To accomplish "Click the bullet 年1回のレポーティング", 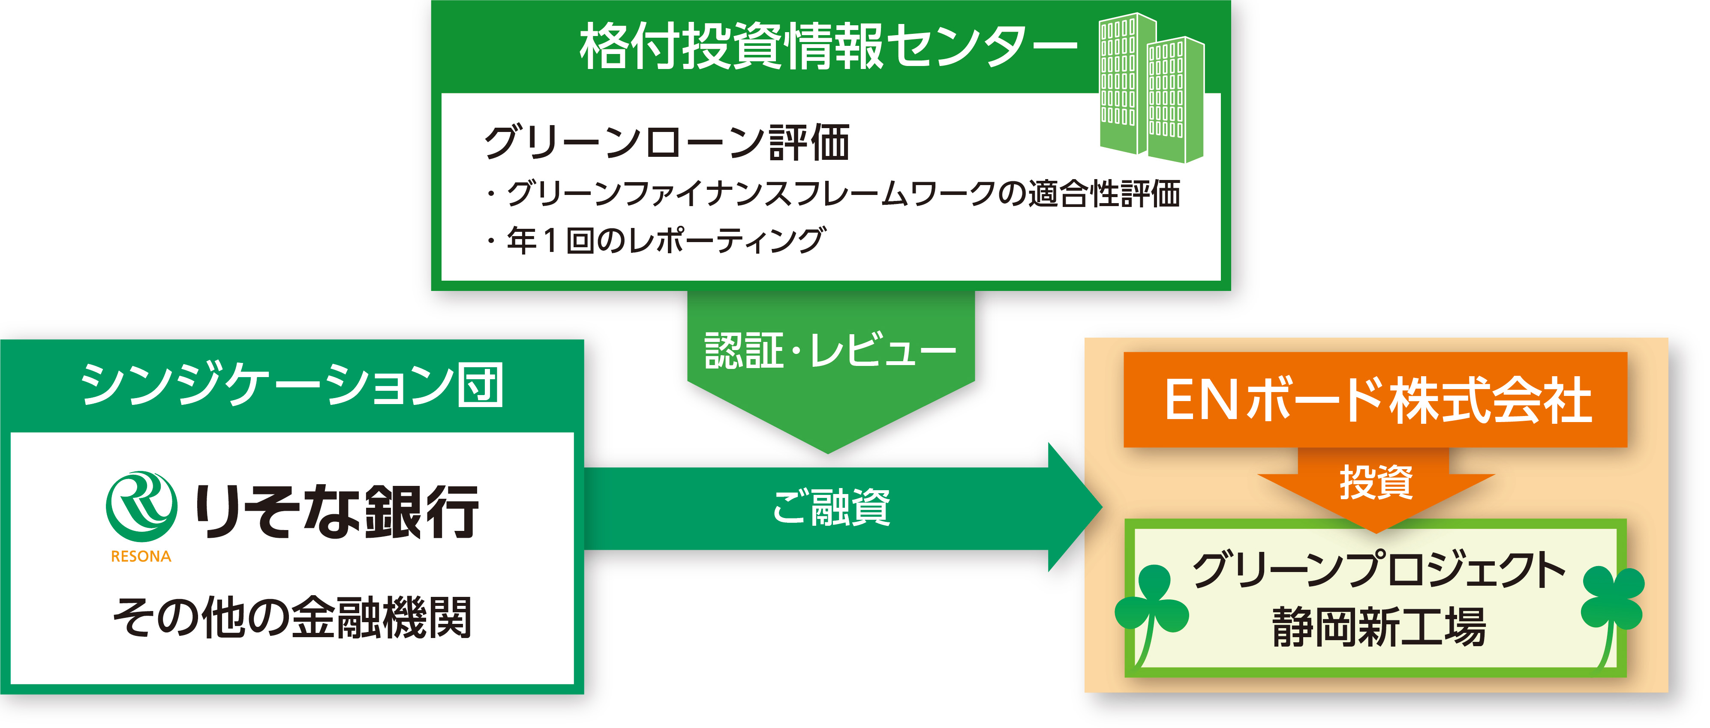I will coord(657,240).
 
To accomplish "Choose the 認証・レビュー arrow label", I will coord(830,351).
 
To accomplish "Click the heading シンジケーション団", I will coord(292,385).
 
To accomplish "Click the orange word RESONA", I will coord(141,557).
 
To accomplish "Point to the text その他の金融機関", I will coord(292,617).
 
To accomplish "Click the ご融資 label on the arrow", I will coord(831,508).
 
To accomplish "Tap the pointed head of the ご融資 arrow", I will coord(1076,508).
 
